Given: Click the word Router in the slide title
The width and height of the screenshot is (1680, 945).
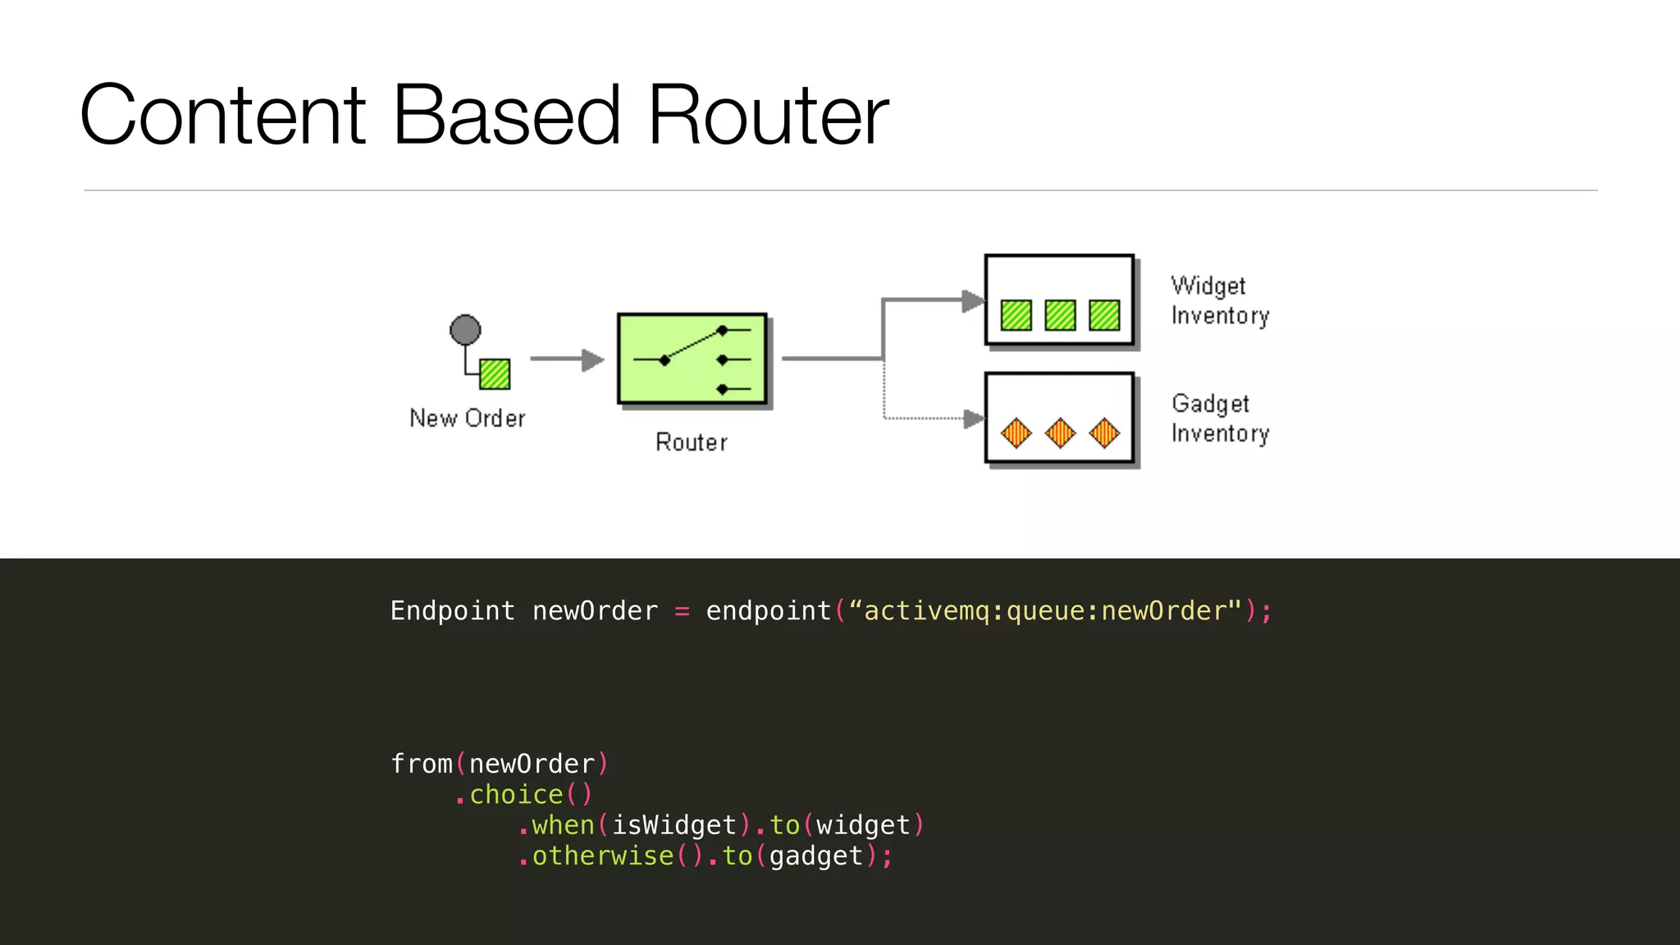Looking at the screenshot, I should pyautogui.click(x=768, y=116).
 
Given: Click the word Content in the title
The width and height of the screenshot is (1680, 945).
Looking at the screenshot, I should pyautogui.click(x=222, y=116).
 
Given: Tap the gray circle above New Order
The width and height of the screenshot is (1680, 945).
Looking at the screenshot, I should pyautogui.click(x=465, y=330).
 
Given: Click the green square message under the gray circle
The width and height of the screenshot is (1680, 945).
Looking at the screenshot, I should pyautogui.click(x=495, y=374).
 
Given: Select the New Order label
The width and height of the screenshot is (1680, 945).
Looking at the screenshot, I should pyautogui.click(x=467, y=418).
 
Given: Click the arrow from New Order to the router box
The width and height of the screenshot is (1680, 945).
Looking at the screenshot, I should pyautogui.click(x=566, y=359).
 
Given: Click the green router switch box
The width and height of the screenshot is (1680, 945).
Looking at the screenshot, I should pyautogui.click(x=692, y=358).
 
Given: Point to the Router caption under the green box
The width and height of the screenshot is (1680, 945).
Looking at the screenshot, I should pyautogui.click(x=691, y=443).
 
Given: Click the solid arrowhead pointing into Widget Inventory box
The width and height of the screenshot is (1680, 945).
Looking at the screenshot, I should pyautogui.click(x=973, y=301).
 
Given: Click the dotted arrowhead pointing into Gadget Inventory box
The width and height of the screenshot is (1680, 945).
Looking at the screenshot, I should pyautogui.click(x=973, y=419).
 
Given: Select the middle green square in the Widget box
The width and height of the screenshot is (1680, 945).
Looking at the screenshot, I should pyautogui.click(x=1060, y=315).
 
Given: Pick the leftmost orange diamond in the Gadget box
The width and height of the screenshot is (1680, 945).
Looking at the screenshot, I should pyautogui.click(x=1016, y=432).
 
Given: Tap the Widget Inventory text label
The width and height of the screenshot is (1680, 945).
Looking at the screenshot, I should pyautogui.click(x=1219, y=300).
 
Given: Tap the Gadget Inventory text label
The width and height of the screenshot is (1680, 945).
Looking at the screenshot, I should pyautogui.click(x=1219, y=418).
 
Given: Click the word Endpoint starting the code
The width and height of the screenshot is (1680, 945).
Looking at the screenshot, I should pyautogui.click(x=452, y=611).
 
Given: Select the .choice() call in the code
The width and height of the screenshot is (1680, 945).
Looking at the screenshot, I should pyautogui.click(x=523, y=794).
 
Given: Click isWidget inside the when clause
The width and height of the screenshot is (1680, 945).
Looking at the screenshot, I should pyautogui.click(x=674, y=825).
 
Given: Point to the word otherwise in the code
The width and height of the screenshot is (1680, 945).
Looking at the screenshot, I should pyautogui.click(x=603, y=856).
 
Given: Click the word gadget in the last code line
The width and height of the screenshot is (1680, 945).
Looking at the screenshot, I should pyautogui.click(x=816, y=856).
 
